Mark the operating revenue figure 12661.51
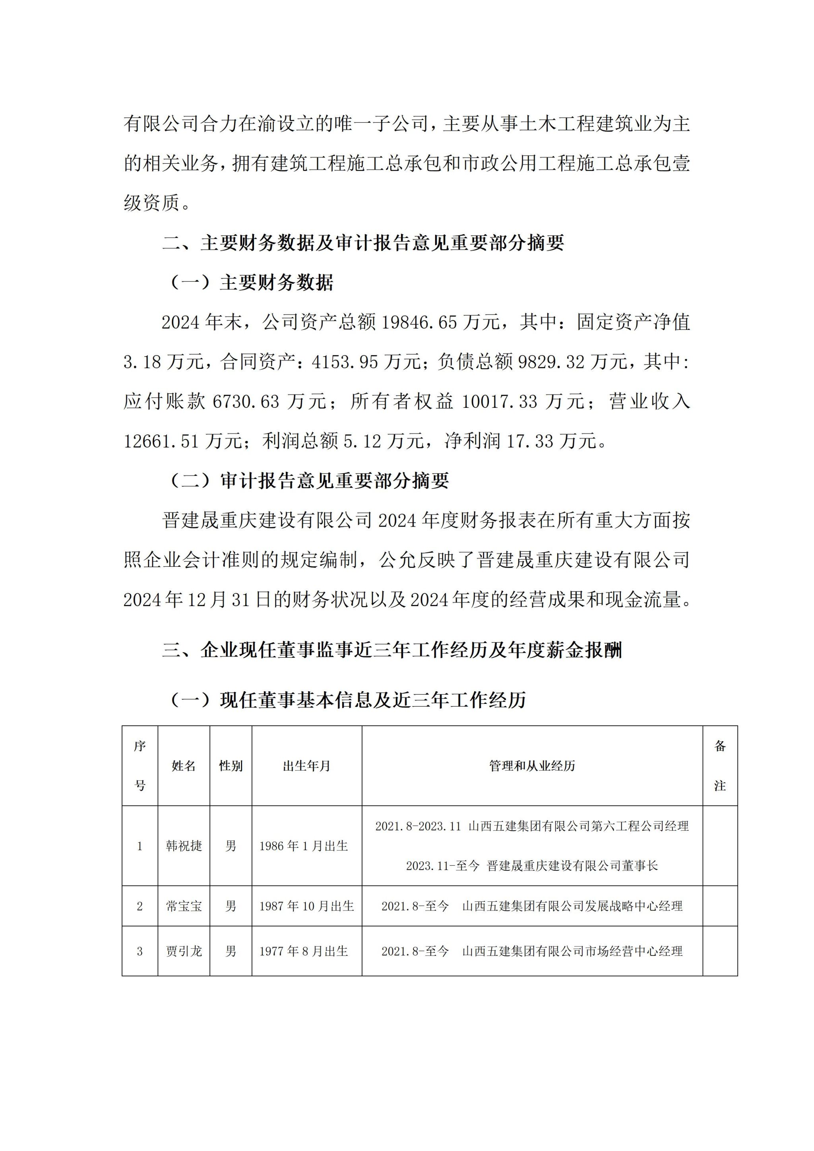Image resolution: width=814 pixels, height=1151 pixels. [x=161, y=441]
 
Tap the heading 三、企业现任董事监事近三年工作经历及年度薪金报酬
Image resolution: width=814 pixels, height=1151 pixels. [x=392, y=651]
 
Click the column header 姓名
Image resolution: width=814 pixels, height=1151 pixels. [x=184, y=766]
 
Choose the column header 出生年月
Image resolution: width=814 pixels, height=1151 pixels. [x=306, y=766]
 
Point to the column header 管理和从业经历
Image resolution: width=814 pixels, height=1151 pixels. [x=532, y=766]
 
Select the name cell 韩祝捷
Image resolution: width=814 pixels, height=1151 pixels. [x=184, y=846]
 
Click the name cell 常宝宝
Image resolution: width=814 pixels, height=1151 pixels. [x=184, y=906]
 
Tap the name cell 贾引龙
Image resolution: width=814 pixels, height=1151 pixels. [x=184, y=951]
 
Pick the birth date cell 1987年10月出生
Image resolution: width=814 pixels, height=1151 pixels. [x=306, y=906]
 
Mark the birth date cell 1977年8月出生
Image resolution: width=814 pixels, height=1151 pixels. [x=303, y=951]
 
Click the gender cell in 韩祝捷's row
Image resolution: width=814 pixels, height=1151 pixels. [x=231, y=846]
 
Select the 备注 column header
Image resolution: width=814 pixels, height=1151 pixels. [x=720, y=766]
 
